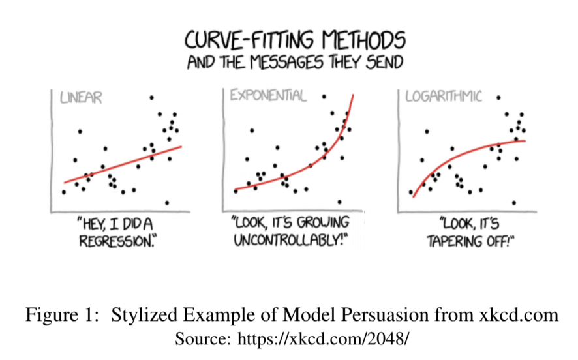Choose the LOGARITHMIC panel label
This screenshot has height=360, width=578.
[x=444, y=97]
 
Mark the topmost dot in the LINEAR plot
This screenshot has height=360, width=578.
[x=151, y=98]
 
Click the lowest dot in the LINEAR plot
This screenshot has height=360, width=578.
[x=167, y=203]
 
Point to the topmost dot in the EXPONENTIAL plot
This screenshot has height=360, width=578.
[x=324, y=97]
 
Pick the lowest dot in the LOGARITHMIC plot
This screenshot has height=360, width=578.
[x=514, y=203]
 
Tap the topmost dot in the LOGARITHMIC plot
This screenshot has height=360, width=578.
[x=498, y=98]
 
